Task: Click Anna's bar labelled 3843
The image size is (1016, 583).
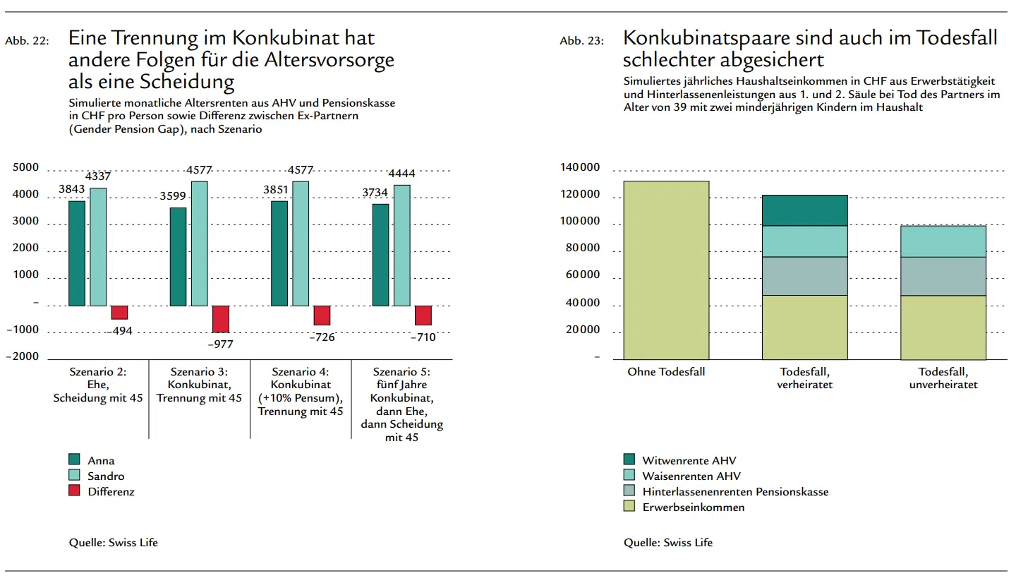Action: tap(77, 253)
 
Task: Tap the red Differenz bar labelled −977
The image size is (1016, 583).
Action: tap(221, 319)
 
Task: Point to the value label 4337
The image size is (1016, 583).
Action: tap(98, 176)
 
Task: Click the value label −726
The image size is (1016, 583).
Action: tap(322, 337)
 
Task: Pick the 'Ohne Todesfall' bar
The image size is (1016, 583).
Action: tap(666, 270)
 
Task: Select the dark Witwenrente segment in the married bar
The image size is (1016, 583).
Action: tap(804, 210)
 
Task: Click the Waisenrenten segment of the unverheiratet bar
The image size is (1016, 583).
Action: tap(943, 241)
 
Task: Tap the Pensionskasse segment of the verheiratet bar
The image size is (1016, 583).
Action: tap(804, 276)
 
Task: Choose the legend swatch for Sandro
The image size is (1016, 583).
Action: tap(74, 476)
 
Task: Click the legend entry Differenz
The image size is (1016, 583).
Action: tap(111, 491)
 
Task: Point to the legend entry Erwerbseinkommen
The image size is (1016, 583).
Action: tap(693, 507)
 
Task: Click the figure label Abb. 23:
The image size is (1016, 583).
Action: tap(581, 41)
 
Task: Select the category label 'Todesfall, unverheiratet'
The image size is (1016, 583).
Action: tap(943, 378)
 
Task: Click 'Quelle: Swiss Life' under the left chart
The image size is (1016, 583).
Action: tap(114, 542)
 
